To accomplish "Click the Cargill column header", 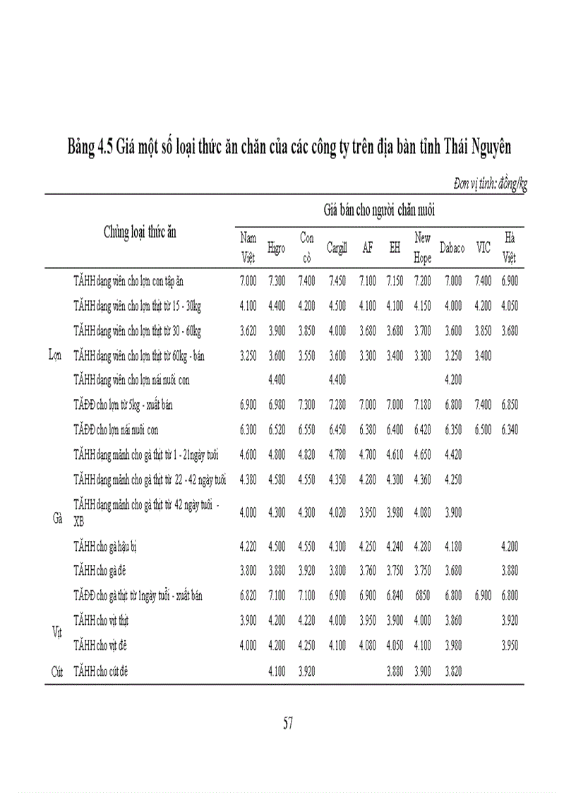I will pyautogui.click(x=337, y=248).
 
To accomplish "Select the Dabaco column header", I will pyautogui.click(x=452, y=248).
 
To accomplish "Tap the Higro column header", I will pyautogui.click(x=277, y=248).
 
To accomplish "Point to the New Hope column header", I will pyautogui.click(x=423, y=248).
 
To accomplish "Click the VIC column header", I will pyautogui.click(x=483, y=248).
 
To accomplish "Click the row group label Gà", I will pyautogui.click(x=58, y=518).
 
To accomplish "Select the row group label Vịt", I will pyautogui.click(x=58, y=632).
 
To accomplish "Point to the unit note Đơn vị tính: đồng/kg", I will pyautogui.click(x=490, y=184).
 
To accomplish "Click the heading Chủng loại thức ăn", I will pyautogui.click(x=140, y=232).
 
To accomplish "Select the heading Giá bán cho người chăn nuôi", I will pyautogui.click(x=379, y=210).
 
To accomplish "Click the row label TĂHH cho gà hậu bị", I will pyautogui.click(x=107, y=547).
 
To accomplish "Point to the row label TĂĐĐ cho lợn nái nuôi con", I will pyautogui.click(x=116, y=429).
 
